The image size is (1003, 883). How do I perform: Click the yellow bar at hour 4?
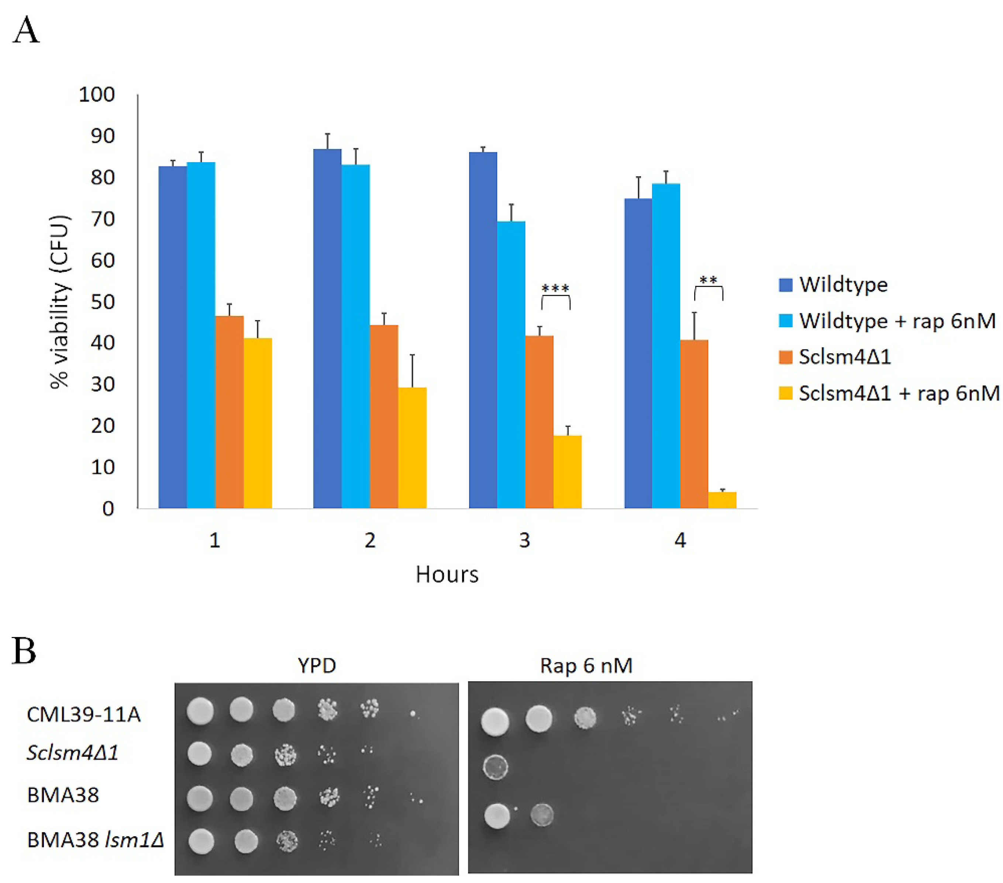pos(722,500)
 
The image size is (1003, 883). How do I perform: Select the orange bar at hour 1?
pos(229,412)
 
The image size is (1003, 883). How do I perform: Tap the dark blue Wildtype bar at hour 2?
pos(327,329)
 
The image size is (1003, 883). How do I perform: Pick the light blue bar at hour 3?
pos(511,364)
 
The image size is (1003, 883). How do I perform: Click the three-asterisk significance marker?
pos(555,288)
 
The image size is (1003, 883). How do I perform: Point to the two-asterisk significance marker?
pos(708,281)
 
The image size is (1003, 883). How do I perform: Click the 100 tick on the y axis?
pos(97,95)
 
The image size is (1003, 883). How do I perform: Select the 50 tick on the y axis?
pos(103,302)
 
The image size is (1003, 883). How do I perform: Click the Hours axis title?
pos(447,574)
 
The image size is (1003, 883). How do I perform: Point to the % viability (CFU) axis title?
pos(60,302)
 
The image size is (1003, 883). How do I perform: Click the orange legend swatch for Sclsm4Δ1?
pos(786,357)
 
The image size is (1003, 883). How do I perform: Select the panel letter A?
pos(25,30)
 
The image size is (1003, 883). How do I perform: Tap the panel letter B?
pos(24,651)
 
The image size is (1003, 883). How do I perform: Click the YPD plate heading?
pos(317,666)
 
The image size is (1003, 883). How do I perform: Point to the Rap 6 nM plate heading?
pos(586,666)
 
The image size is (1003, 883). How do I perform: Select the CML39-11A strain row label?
pos(83,715)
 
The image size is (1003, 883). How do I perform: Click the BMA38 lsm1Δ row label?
pos(95,840)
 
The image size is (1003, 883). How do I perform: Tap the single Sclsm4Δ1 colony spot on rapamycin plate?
pos(496,767)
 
